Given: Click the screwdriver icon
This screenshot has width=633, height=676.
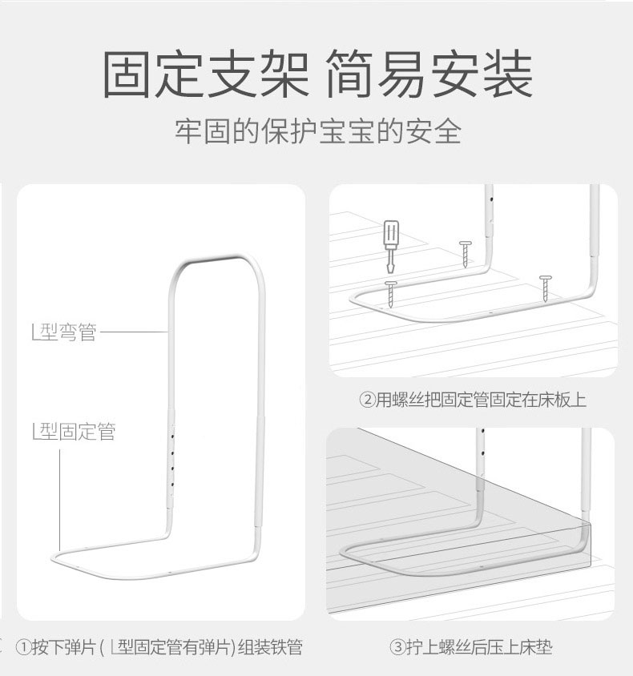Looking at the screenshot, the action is point(391,246).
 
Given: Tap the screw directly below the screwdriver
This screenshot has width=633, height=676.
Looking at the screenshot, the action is point(391,294).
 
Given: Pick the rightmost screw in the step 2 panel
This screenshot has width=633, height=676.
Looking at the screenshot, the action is point(546,288).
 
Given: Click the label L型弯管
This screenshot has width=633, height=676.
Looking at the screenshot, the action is point(64,332).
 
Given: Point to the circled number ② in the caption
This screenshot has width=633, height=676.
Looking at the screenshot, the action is point(366,400).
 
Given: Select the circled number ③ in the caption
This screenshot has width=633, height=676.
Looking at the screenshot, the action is point(397,646).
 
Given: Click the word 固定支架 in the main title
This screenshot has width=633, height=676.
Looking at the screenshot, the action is point(206,74).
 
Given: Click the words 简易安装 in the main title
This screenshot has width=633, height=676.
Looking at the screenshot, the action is point(429,74).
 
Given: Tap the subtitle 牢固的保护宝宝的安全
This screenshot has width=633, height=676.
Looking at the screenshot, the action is point(318,131).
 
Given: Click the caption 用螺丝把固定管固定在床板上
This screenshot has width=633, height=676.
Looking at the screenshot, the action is point(481,400).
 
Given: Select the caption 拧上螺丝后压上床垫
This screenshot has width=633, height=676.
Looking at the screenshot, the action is point(478,646).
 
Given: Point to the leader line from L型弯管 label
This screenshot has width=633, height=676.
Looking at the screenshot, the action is point(134,332).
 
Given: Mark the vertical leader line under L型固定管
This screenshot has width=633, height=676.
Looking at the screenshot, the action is point(60,500).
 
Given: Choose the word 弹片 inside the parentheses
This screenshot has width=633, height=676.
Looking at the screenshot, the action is point(220,646).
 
